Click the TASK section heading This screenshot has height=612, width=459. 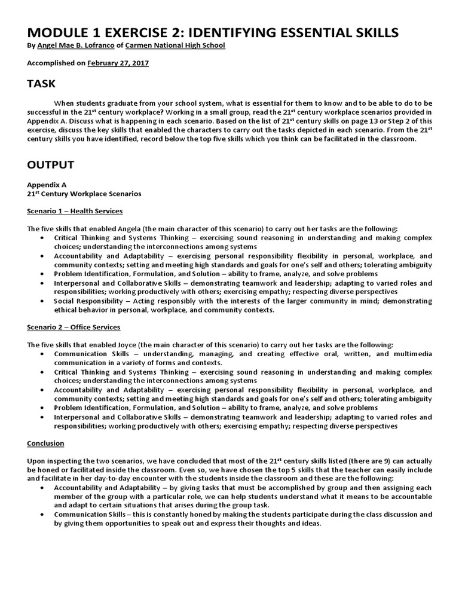[x=41, y=83]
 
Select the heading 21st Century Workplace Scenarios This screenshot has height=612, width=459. [x=84, y=194]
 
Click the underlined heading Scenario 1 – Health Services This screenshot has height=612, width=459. [x=75, y=212]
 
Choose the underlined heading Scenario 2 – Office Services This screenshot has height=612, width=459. [x=74, y=327]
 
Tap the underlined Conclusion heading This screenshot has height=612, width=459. [x=46, y=443]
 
